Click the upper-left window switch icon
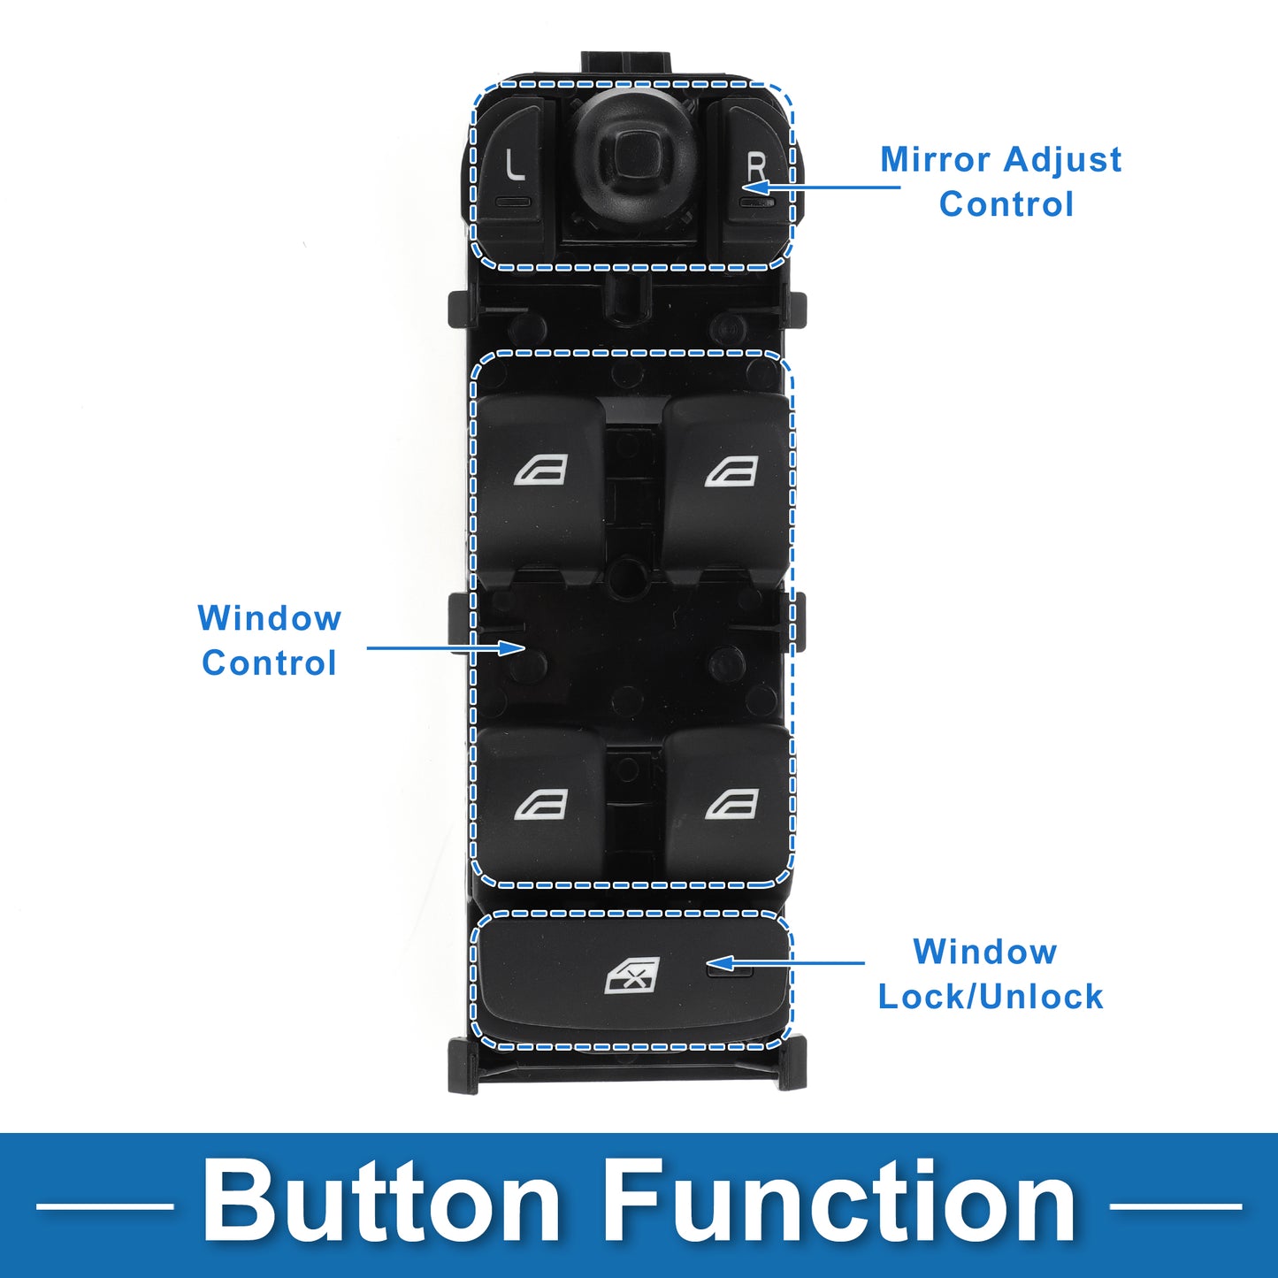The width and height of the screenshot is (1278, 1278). click(x=541, y=471)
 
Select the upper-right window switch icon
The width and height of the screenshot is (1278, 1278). click(x=731, y=471)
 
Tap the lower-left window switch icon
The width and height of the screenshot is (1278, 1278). click(x=541, y=805)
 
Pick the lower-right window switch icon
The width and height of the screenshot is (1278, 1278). click(x=731, y=805)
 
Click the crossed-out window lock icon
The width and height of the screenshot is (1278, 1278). click(x=632, y=976)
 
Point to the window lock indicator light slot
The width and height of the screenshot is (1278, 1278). click(x=730, y=970)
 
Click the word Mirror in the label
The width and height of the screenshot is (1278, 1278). click(x=936, y=159)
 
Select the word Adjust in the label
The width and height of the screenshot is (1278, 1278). click(x=1062, y=160)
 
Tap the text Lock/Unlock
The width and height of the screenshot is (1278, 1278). click(x=991, y=996)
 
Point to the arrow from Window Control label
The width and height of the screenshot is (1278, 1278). click(x=446, y=647)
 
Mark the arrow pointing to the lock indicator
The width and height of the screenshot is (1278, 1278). click(x=786, y=962)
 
